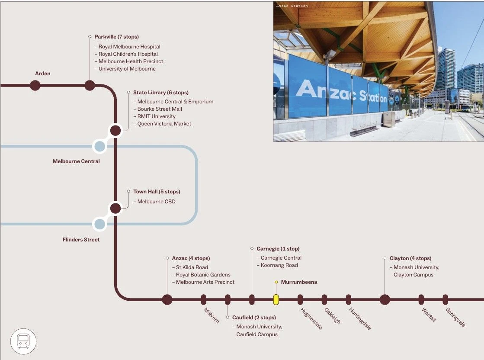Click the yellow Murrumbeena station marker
pos(276,299)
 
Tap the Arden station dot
pos(35,85)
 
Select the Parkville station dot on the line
pos(90,85)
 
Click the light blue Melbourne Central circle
pos(100,146)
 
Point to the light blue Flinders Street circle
pos(100,224)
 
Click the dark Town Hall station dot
pos(115,208)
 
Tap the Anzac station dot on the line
pos(167,299)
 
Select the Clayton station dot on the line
pos(385,299)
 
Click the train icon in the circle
pos(23,341)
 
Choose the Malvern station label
pos(212,315)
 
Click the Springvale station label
pos(455,317)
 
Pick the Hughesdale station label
pos(311,318)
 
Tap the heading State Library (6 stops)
pos(161,93)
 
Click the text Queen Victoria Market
pos(164,124)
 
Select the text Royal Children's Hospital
pos(128,54)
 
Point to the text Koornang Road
pos(279,265)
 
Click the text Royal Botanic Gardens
pos(203,275)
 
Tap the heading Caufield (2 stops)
pos(254,318)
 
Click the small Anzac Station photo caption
pos(292,6)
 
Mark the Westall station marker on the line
pos(421,299)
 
